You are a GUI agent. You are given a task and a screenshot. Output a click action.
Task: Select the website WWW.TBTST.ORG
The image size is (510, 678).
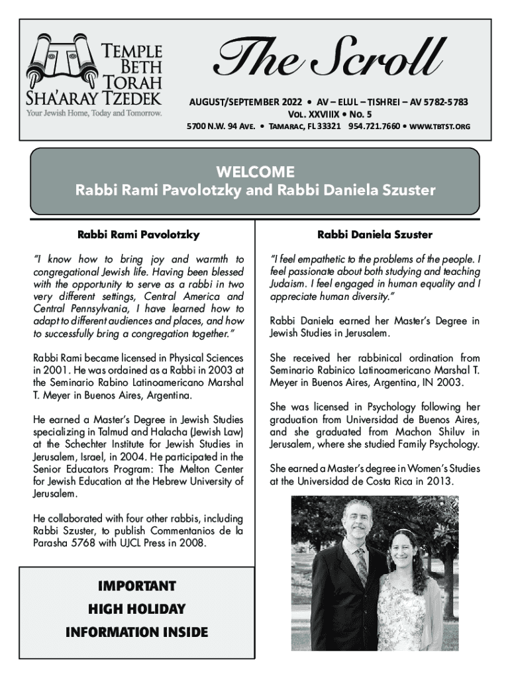[438, 125]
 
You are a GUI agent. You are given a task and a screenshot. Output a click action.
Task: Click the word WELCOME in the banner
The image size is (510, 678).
[255, 172]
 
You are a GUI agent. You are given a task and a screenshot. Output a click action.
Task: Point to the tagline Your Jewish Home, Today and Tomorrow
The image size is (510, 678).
[94, 113]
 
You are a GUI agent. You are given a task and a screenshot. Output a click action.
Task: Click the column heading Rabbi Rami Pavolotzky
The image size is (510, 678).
[138, 234]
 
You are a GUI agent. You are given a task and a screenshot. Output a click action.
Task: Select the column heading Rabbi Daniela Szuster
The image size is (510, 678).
[374, 234]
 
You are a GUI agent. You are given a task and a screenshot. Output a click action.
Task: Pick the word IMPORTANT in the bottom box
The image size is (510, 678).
[136, 587]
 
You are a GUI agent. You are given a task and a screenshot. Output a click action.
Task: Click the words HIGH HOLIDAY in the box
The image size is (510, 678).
[136, 609]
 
